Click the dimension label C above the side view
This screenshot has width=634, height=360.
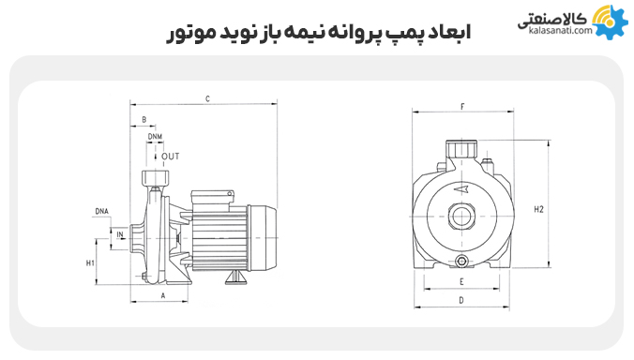point(206,97)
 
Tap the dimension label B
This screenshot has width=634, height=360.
point(143,120)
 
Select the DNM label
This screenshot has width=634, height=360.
point(155,137)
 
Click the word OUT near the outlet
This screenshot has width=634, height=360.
point(170,156)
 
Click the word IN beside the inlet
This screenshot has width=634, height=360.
point(120,232)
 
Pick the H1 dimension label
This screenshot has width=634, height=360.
point(91,263)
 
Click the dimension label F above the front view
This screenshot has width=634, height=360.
point(462,107)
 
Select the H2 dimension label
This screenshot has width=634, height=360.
point(538,209)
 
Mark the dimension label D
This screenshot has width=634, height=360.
point(461,301)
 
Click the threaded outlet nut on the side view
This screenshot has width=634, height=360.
point(153,178)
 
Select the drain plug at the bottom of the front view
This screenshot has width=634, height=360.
point(461,260)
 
